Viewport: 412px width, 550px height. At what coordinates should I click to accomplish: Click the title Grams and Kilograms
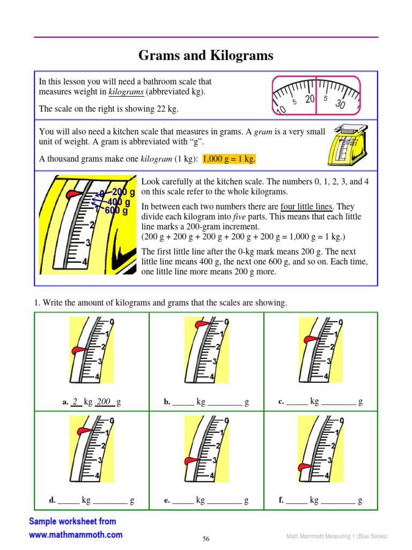tap(206, 55)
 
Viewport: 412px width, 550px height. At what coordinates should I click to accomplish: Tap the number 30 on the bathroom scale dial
tap(340, 104)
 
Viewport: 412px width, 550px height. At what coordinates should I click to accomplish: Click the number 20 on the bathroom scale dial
tap(310, 99)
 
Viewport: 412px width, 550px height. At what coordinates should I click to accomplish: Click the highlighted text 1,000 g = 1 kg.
tap(229, 159)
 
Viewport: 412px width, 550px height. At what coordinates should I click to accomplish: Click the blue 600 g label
tap(116, 211)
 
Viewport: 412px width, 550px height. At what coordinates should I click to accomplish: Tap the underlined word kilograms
tap(126, 92)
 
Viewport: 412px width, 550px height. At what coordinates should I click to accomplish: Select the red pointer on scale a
tap(78, 350)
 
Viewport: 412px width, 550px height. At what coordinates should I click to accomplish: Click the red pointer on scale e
tap(190, 460)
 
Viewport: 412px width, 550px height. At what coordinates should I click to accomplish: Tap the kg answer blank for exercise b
tap(183, 402)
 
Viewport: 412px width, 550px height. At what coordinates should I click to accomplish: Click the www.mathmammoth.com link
tap(76, 534)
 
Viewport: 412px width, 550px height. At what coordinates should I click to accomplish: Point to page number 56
tap(206, 539)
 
